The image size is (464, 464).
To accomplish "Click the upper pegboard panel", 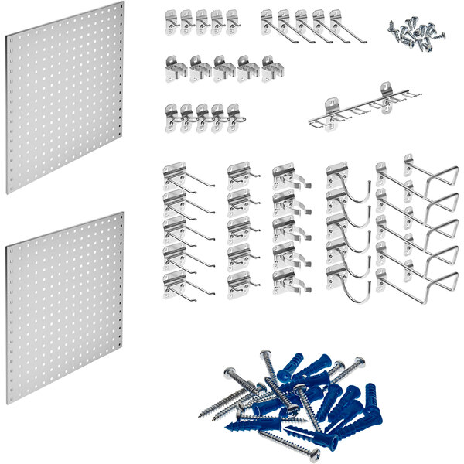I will pos(66,97).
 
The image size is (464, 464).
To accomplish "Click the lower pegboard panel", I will pos(66,309).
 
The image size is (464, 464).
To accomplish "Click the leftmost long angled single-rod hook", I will pos(270,23).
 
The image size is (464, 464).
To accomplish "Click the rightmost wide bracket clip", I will pos(271,69).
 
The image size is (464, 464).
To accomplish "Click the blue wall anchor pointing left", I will pos(240,425).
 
